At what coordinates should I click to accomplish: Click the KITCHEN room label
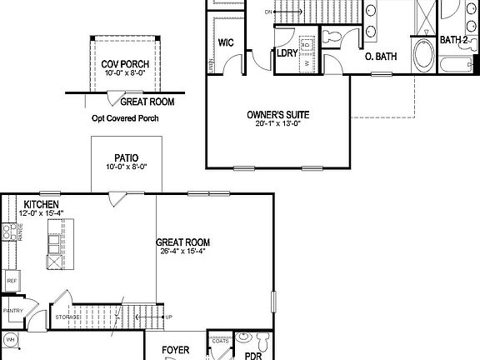(x=40, y=204)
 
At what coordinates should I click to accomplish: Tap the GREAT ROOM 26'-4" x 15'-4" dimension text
(x=182, y=252)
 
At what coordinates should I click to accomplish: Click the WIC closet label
(x=225, y=42)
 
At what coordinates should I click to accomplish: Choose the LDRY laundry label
(x=288, y=55)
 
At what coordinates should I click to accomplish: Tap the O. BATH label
(x=381, y=56)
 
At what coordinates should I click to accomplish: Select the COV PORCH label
(x=121, y=63)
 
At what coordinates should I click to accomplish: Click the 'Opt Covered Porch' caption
(x=125, y=118)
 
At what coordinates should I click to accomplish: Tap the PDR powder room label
(x=252, y=354)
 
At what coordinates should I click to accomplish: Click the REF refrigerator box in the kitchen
(x=12, y=281)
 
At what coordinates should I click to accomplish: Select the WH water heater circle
(x=12, y=340)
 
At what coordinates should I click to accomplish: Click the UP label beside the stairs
(x=168, y=317)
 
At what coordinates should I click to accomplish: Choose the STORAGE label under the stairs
(x=67, y=317)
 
